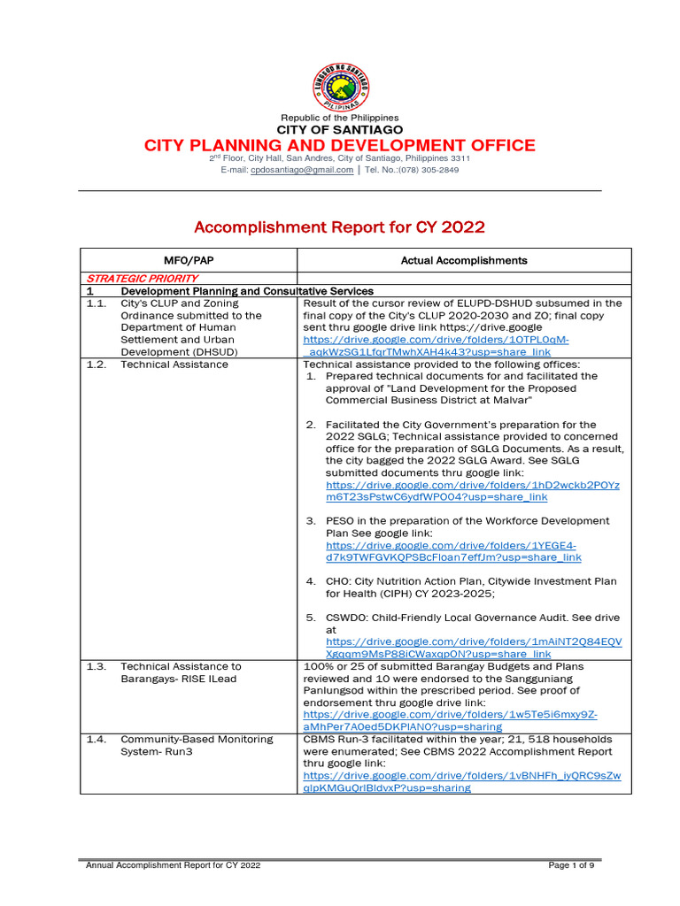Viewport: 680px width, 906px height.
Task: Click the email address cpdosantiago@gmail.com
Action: coord(302,170)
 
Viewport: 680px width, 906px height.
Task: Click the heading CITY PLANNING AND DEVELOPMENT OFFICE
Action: coord(339,145)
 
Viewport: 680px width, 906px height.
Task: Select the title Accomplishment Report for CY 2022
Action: coord(339,227)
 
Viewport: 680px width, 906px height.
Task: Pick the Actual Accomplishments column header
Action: coord(463,260)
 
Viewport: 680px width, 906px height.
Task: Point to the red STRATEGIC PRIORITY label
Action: coord(142,278)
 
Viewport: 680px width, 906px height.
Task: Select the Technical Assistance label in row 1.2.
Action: coord(174,365)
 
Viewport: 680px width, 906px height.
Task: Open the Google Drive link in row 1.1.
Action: coord(436,346)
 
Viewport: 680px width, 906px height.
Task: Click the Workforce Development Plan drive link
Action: coord(452,551)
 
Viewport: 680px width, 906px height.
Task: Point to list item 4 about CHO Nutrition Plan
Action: coord(469,587)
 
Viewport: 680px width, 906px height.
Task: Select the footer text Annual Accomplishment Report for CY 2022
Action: coord(173,864)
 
